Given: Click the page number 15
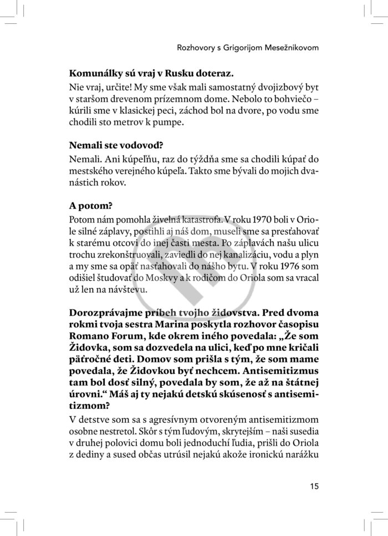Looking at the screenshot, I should click(315, 487).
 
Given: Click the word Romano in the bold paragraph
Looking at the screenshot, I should click(90, 336).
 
